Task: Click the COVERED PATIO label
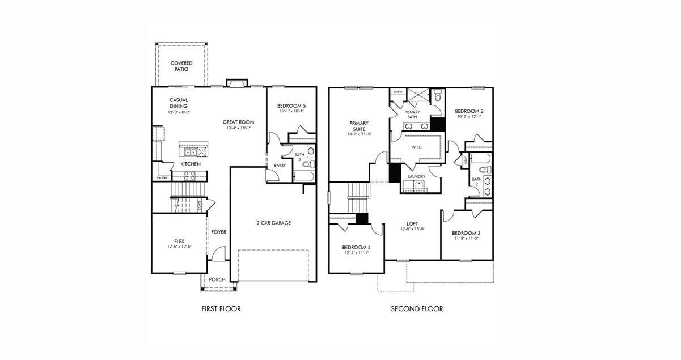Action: point(181,66)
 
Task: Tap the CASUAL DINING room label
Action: point(179,103)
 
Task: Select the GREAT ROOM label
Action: point(238,122)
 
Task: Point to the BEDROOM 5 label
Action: point(291,106)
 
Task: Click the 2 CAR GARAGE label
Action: point(273,223)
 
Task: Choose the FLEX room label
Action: point(179,241)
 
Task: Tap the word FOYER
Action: point(219,232)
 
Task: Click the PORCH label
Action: point(217,279)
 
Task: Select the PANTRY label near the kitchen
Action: point(162,178)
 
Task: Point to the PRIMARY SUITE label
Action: point(359,126)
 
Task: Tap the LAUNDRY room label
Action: point(417,176)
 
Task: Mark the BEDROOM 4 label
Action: point(357,247)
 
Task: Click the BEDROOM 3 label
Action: point(466,233)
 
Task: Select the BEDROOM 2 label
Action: point(470,111)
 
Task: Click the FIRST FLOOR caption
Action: point(221,309)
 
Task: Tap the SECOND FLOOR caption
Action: point(417,309)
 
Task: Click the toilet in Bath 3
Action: point(307,164)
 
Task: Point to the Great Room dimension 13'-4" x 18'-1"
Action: point(238,128)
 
